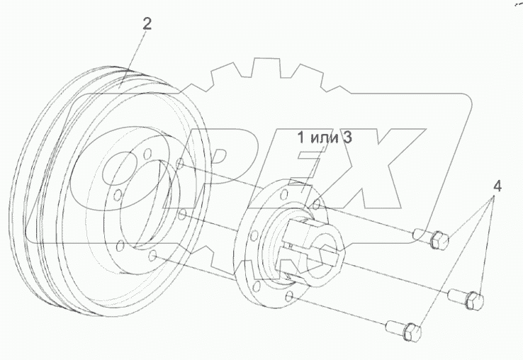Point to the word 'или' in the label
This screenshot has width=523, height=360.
tap(322, 137)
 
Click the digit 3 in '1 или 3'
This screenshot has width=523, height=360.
tap(347, 137)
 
